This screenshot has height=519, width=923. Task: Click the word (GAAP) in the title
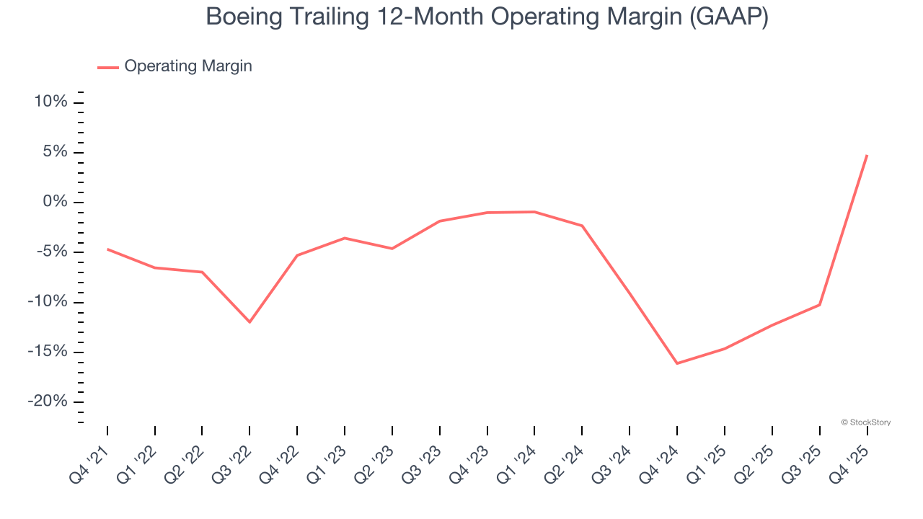(728, 17)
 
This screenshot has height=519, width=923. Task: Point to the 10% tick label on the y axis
(50, 102)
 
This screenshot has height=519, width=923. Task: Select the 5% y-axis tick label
(55, 152)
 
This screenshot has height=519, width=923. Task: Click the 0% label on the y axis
(55, 202)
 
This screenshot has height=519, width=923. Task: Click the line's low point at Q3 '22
(249, 321)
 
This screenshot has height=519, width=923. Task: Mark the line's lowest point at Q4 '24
(677, 363)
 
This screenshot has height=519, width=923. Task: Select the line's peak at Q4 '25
(867, 155)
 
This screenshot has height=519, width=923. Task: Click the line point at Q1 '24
(534, 212)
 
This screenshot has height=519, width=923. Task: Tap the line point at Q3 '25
(819, 305)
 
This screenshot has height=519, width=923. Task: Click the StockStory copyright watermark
(865, 422)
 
